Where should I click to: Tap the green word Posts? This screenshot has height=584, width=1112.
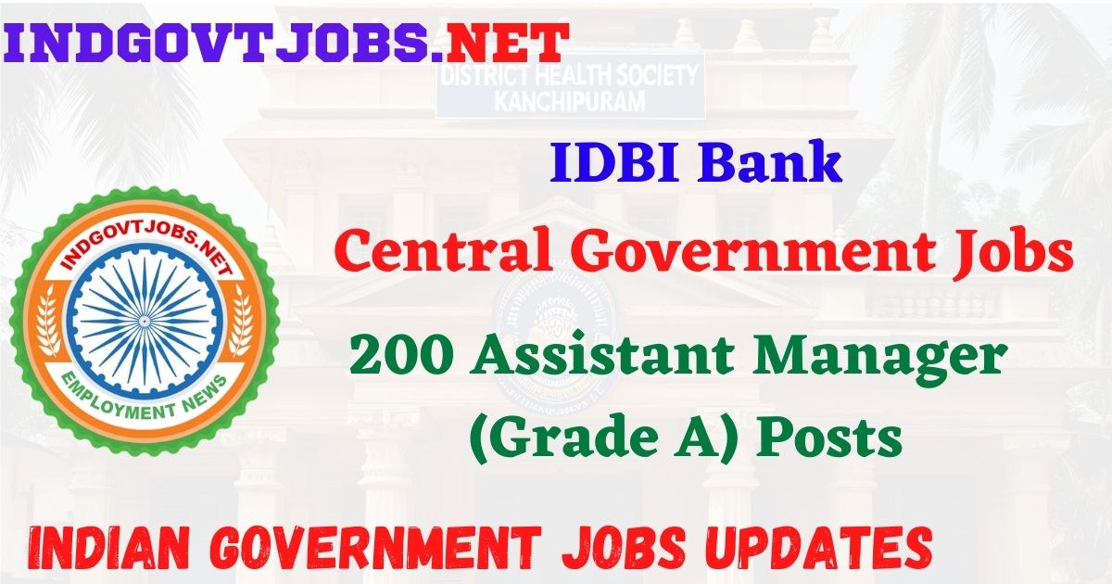[x=830, y=438]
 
